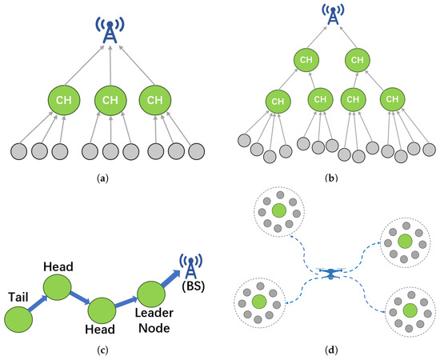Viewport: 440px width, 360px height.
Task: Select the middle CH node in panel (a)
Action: pos(110,100)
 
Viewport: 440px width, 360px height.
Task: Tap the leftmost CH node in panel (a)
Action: pos(64,100)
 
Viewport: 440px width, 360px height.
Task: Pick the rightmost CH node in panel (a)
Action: pos(155,100)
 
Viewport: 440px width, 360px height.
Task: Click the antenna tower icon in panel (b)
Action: pos(333,14)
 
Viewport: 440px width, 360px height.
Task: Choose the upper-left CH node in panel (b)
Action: pos(306,60)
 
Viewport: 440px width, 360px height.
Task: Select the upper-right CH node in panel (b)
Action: pos(358,60)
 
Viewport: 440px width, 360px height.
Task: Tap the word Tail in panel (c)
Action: pos(18,297)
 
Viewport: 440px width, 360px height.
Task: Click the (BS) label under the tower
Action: pos(193,286)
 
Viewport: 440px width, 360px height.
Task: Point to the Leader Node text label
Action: pos(154,321)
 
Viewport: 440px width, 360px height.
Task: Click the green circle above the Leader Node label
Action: pos(151,294)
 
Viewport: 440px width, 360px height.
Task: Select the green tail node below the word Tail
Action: pos(18,319)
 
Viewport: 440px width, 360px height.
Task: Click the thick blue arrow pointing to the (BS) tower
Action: pos(170,278)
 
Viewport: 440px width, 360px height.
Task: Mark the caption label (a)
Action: pos(102,178)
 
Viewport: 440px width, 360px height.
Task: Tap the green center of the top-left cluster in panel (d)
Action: pos(279,211)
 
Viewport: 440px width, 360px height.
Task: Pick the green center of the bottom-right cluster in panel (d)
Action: pos(410,310)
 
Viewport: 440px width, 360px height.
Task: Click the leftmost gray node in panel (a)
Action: pos(19,151)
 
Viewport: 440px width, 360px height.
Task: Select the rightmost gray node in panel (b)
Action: pos(429,150)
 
